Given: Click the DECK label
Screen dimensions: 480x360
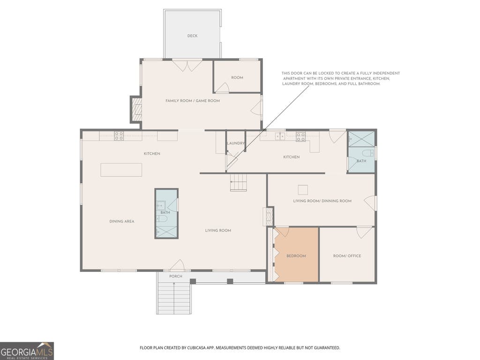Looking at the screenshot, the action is [x=192, y=36].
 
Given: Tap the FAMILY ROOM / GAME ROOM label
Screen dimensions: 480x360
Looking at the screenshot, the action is [x=193, y=101].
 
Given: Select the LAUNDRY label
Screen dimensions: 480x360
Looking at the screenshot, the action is [x=236, y=143].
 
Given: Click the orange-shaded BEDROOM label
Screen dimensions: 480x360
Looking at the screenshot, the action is [x=296, y=256].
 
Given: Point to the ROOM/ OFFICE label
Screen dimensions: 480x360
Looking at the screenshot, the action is [x=347, y=256].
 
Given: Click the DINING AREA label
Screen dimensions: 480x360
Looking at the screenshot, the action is [x=122, y=221].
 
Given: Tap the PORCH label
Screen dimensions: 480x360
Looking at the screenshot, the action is [x=176, y=276].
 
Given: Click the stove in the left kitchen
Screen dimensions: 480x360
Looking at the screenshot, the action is [x=119, y=135].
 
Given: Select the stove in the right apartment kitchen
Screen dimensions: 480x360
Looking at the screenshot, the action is [x=300, y=136].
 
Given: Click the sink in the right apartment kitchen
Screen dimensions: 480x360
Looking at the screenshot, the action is [x=280, y=136].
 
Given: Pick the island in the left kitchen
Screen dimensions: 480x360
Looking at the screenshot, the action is [x=121, y=170].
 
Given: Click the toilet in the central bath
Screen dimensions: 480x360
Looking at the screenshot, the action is [x=162, y=218].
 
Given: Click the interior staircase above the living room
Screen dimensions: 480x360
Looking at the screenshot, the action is [x=239, y=182].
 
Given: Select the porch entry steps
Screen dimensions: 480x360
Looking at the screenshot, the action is [x=174, y=298].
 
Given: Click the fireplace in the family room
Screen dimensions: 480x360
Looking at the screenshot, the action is [x=137, y=110].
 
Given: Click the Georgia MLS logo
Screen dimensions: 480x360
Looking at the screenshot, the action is [x=27, y=351].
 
